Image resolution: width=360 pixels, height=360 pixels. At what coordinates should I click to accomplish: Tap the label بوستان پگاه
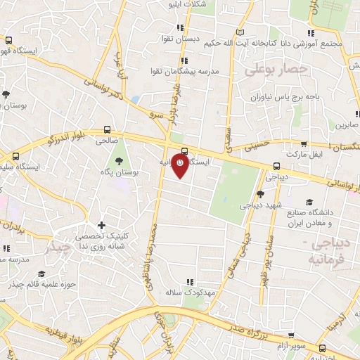pos(116,172)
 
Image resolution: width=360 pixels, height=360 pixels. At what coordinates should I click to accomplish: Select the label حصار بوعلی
pos(276,70)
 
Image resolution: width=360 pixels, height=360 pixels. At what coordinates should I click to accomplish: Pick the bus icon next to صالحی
pos(107,129)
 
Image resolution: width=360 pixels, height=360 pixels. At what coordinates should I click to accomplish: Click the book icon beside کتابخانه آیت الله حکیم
pos(240,32)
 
